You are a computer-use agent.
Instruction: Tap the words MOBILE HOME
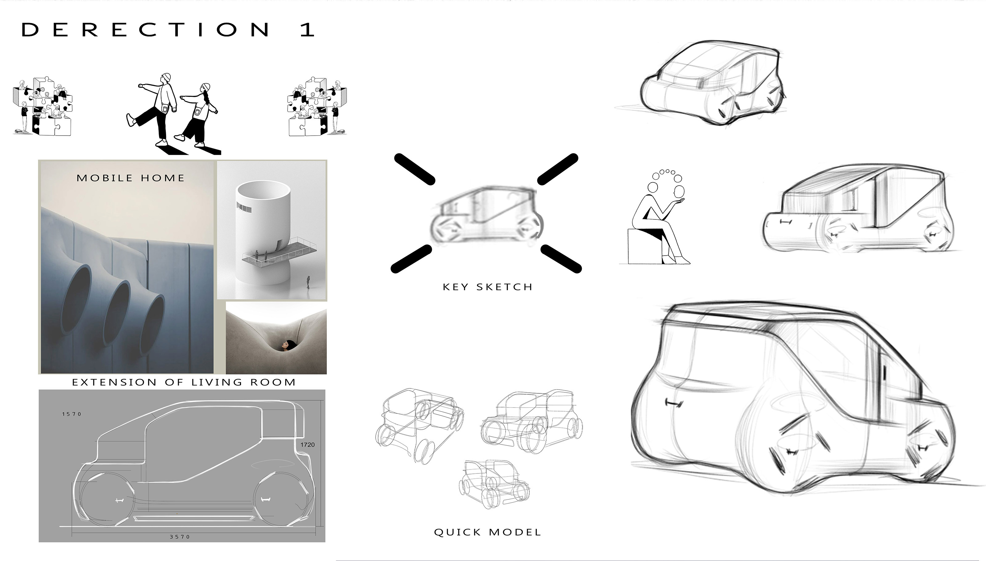point(131,178)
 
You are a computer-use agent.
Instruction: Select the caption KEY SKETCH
point(487,287)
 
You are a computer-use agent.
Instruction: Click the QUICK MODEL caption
point(487,533)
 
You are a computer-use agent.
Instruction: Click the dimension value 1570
point(71,414)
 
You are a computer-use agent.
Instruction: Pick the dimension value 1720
point(308,444)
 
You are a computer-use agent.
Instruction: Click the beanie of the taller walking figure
point(166,77)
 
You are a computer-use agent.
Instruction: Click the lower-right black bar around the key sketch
point(561,259)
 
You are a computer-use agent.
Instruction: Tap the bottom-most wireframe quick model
point(494,484)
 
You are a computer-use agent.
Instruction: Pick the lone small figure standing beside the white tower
point(308,282)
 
